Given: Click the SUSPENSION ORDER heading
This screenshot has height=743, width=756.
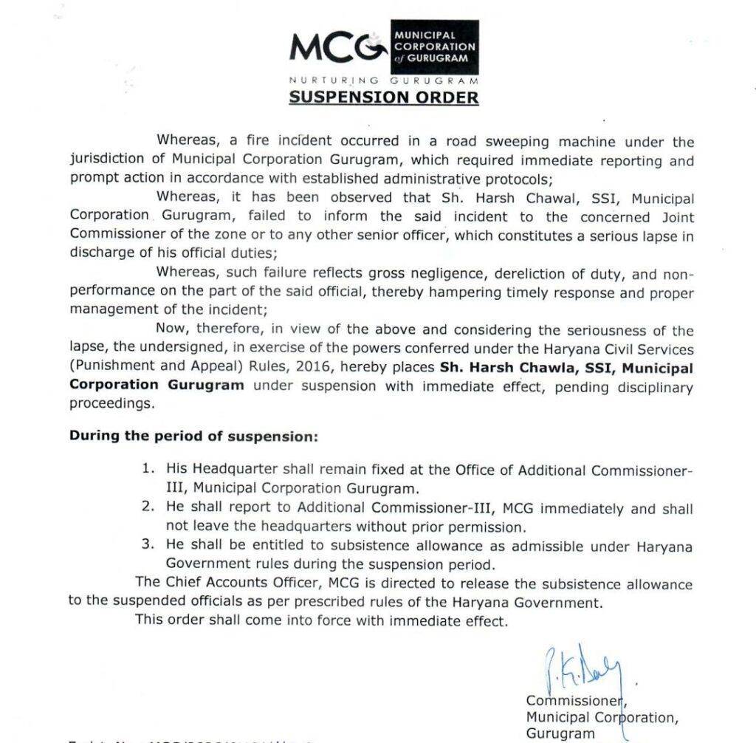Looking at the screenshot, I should point(384,97).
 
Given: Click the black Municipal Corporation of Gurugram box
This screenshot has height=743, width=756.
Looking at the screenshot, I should point(433,47).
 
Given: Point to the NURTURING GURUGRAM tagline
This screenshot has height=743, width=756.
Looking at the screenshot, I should point(384,80).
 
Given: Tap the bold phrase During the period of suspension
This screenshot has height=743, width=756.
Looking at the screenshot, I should point(193,436).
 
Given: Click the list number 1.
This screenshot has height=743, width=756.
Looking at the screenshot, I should point(148,470).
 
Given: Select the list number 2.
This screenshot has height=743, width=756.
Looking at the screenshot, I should point(148,508).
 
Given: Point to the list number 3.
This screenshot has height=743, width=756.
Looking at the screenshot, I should point(148,547).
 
